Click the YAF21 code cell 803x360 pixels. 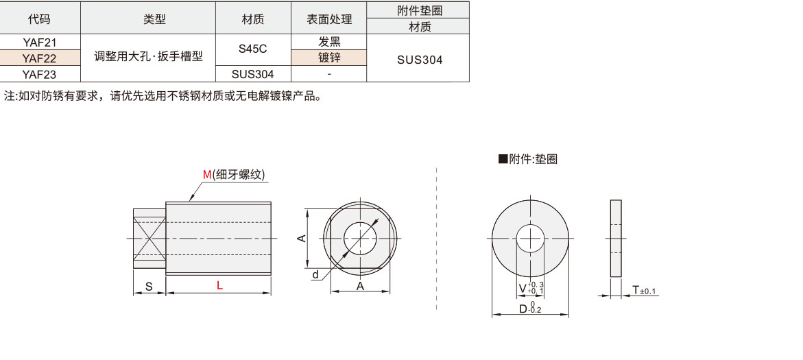[x=40, y=43]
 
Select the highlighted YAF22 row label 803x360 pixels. [x=40, y=58]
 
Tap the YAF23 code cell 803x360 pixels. [x=40, y=74]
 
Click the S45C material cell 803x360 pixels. [x=253, y=50]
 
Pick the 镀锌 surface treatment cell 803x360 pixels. [x=329, y=58]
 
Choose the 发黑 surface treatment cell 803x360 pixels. [x=329, y=43]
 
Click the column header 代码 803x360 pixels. [x=40, y=19]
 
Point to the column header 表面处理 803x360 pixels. [x=329, y=19]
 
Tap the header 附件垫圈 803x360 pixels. [x=418, y=10]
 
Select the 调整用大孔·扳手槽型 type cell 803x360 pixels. [x=148, y=57]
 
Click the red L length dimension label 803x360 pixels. [x=219, y=287]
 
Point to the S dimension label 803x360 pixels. [x=149, y=287]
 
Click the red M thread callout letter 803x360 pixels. [x=207, y=175]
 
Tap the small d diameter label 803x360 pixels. [x=315, y=274]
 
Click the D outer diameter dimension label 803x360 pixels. [x=523, y=309]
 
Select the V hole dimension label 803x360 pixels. [x=523, y=288]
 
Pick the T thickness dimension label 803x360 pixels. [x=635, y=291]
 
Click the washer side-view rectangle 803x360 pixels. [x=616, y=239]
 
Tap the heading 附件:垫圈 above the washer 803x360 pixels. [x=527, y=159]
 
